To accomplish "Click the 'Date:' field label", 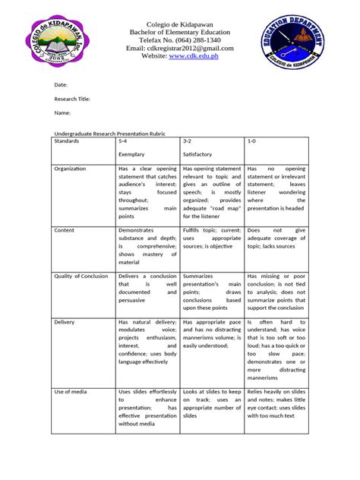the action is click(x=61, y=85).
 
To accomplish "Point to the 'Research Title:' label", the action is click(x=72, y=99).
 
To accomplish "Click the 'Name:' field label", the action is click(x=62, y=113).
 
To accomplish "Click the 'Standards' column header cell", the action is click(x=68, y=141).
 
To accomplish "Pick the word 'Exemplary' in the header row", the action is click(x=131, y=153).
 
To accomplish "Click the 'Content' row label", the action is click(x=65, y=229).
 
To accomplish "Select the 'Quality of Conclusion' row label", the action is click(x=81, y=276).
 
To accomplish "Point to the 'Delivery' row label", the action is click(x=65, y=322).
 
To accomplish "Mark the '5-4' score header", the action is click(x=123, y=141).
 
